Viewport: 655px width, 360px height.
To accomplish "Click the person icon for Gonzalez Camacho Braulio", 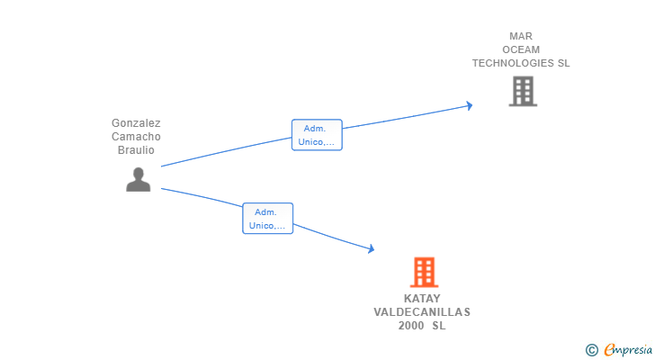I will (138, 180).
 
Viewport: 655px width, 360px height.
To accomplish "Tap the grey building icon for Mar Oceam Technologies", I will (523, 91).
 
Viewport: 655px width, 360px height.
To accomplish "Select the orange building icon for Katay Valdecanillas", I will (424, 272).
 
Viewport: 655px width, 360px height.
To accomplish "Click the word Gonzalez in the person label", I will (136, 122).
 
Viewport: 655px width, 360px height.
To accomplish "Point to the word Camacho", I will (136, 136).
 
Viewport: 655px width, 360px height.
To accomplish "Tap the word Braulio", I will (136, 149).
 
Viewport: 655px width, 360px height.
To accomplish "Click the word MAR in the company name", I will (521, 37).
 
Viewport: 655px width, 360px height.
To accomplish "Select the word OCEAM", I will (521, 50).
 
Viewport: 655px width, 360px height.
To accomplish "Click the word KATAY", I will (422, 299).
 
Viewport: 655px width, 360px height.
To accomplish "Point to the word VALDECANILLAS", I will (422, 312).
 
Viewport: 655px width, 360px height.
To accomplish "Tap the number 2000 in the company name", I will (412, 326).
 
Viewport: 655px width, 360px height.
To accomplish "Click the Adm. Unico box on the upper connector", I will (317, 135).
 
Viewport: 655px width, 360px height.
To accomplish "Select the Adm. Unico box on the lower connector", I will (267, 218).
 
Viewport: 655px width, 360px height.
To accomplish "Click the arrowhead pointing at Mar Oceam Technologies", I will (469, 105).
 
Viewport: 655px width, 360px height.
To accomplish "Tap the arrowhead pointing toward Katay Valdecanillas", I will (370, 249).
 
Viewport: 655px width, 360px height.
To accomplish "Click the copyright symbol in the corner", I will (591, 349).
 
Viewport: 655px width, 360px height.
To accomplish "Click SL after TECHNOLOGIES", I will (563, 64).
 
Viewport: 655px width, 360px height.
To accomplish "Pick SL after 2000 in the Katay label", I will (438, 326).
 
